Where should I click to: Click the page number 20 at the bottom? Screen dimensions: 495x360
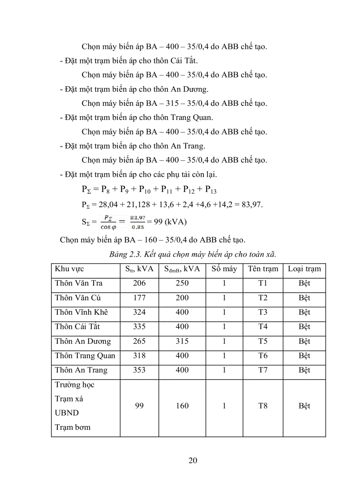192,461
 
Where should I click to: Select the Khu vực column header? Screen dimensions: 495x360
69,269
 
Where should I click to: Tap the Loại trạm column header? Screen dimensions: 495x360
304,269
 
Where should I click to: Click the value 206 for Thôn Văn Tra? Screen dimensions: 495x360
139,283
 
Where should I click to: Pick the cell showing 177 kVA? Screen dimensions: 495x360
139,298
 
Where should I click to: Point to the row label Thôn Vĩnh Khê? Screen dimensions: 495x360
81,313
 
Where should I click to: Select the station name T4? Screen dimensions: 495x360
262,327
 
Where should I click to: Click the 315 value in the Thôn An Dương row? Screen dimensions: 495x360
182,342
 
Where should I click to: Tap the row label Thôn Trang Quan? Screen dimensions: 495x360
85,356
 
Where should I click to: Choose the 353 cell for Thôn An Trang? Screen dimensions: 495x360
139,370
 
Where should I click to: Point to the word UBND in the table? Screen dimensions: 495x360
66,413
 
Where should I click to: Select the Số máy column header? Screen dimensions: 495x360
224,269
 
